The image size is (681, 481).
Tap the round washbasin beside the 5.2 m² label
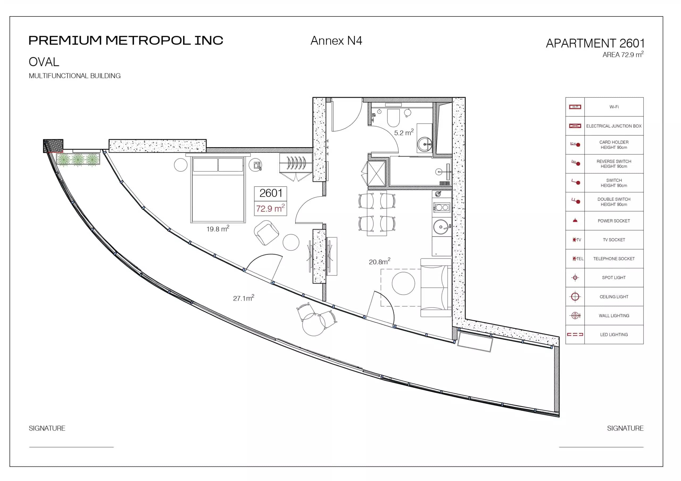[x=425, y=144]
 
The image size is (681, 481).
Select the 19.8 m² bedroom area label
[x=218, y=229]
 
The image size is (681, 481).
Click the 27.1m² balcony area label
[x=243, y=298]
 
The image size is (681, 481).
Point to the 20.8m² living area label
[x=379, y=261]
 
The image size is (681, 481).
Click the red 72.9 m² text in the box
[x=270, y=208]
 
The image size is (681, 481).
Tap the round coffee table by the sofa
[x=403, y=283]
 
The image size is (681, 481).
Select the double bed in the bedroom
[x=218, y=190]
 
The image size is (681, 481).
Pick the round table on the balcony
[x=314, y=324]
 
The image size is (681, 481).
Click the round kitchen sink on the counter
[x=441, y=227]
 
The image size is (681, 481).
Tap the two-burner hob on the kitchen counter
[x=442, y=208]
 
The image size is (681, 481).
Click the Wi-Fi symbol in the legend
[x=575, y=107]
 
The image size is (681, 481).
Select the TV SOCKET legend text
[x=614, y=240]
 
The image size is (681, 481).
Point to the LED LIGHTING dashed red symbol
[x=575, y=334]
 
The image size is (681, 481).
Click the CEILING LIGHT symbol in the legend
[x=575, y=296]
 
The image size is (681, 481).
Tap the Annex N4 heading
[x=336, y=41]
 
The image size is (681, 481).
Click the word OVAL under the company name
[x=44, y=62]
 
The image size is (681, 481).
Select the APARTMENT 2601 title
[x=595, y=43]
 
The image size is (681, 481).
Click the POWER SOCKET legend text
[x=614, y=221]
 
